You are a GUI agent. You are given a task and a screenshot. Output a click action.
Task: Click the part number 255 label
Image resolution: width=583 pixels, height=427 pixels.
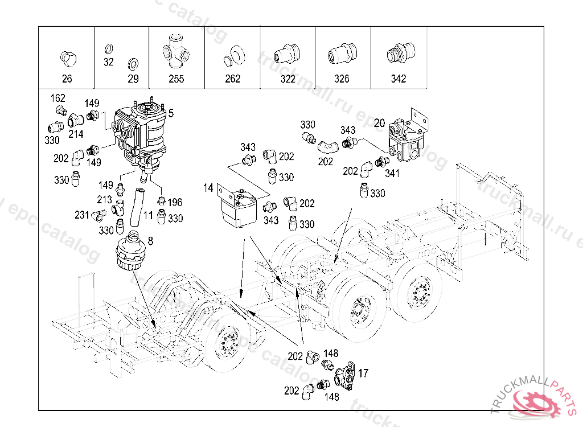pyautogui.click(x=176, y=79)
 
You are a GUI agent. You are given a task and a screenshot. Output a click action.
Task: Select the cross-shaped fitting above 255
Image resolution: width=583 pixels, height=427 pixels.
pyautogui.click(x=176, y=51)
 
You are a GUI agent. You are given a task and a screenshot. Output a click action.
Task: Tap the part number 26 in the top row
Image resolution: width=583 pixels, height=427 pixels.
pyautogui.click(x=67, y=79)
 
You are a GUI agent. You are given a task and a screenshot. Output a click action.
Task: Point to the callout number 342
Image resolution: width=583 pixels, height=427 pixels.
pyautogui.click(x=398, y=79)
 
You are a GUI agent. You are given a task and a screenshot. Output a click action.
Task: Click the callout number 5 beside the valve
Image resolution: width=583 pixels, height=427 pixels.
pyautogui.click(x=171, y=113)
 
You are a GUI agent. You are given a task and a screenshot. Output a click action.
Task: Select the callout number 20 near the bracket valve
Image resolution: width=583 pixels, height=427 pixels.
pyautogui.click(x=379, y=123)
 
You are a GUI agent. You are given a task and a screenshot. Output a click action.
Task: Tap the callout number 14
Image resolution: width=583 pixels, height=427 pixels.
pyautogui.click(x=208, y=188)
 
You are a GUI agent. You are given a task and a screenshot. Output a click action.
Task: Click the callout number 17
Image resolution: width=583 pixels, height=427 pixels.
pyautogui.click(x=363, y=373)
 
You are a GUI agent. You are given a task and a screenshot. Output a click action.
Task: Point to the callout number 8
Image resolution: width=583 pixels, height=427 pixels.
pyautogui.click(x=150, y=241)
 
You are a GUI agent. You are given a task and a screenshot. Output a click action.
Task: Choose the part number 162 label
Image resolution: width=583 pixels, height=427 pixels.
pyautogui.click(x=58, y=98)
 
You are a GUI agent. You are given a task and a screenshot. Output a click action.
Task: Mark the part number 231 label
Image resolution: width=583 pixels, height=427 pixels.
pyautogui.click(x=82, y=215)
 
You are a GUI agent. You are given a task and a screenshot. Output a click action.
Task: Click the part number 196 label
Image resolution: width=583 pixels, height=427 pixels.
pyautogui.click(x=175, y=202)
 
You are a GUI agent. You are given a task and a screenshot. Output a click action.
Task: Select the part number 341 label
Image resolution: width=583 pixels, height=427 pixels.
pyautogui.click(x=392, y=173)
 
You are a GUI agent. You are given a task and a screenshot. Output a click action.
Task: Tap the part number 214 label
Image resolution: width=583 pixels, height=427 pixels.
pyautogui.click(x=76, y=134)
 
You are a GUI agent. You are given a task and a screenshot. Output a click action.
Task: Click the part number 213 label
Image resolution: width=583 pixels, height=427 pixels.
pyautogui.click(x=105, y=200)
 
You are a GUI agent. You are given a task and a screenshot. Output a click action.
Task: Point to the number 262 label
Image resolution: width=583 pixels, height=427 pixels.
pyautogui.click(x=233, y=79)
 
